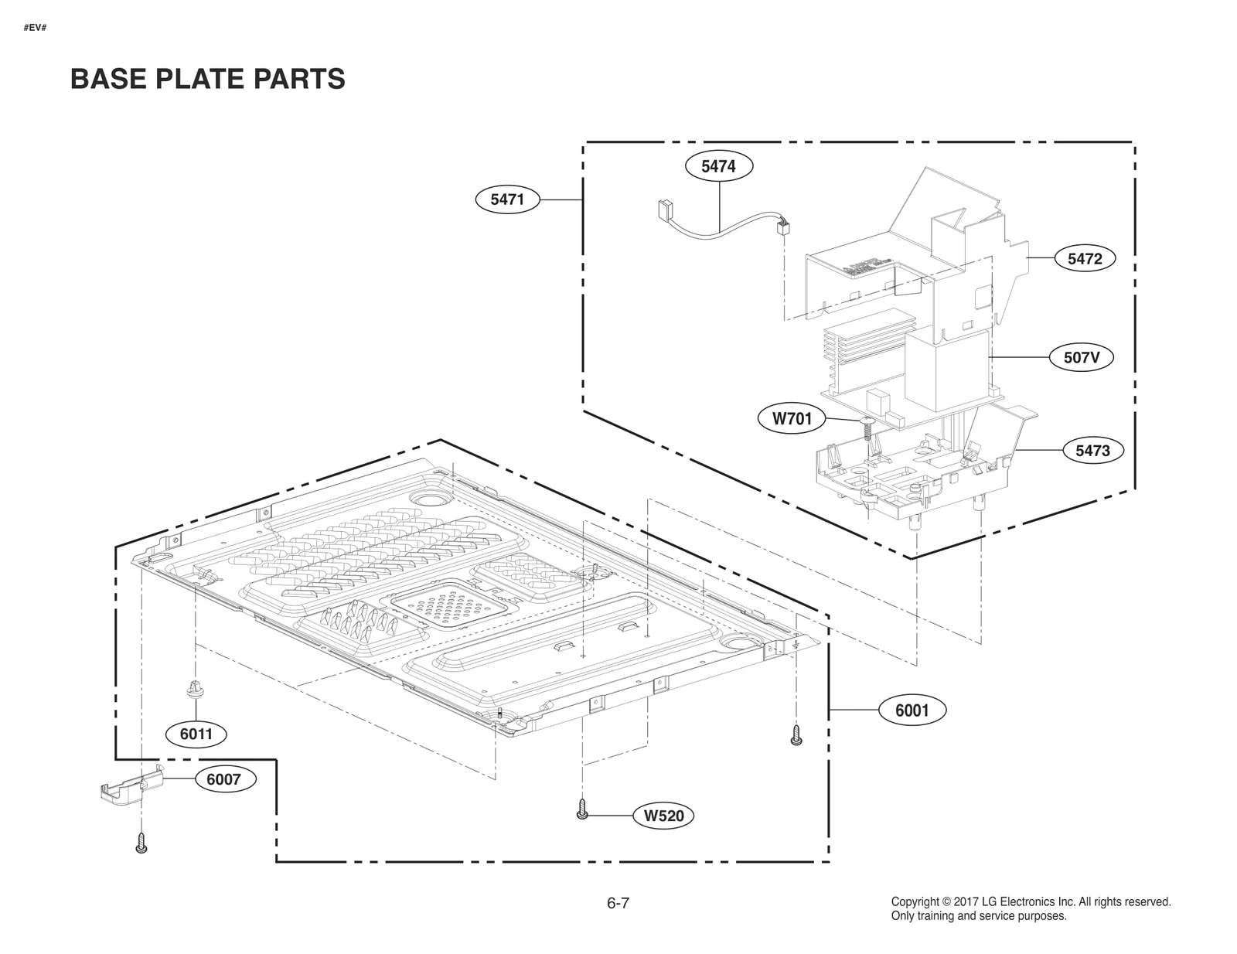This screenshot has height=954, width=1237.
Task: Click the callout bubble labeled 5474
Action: (718, 166)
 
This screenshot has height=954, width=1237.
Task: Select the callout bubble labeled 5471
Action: (507, 199)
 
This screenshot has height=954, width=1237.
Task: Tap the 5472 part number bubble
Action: (1085, 259)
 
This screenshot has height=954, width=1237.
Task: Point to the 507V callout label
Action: (1082, 358)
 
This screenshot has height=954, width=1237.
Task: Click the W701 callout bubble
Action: (792, 419)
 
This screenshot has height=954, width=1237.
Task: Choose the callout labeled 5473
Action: (1092, 450)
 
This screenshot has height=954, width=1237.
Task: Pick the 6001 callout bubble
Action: (912, 710)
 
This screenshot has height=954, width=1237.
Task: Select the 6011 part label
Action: (196, 734)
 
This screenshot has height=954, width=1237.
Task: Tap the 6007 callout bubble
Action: (223, 779)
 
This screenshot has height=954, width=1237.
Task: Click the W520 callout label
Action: (664, 816)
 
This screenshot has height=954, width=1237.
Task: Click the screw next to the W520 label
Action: (583, 809)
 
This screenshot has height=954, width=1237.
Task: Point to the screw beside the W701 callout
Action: (867, 428)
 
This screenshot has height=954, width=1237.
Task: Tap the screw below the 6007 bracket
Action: (141, 843)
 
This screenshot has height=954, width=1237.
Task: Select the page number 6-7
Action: (618, 903)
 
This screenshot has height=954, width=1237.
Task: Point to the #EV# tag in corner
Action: (36, 28)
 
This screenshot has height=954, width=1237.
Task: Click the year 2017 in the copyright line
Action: (966, 901)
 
